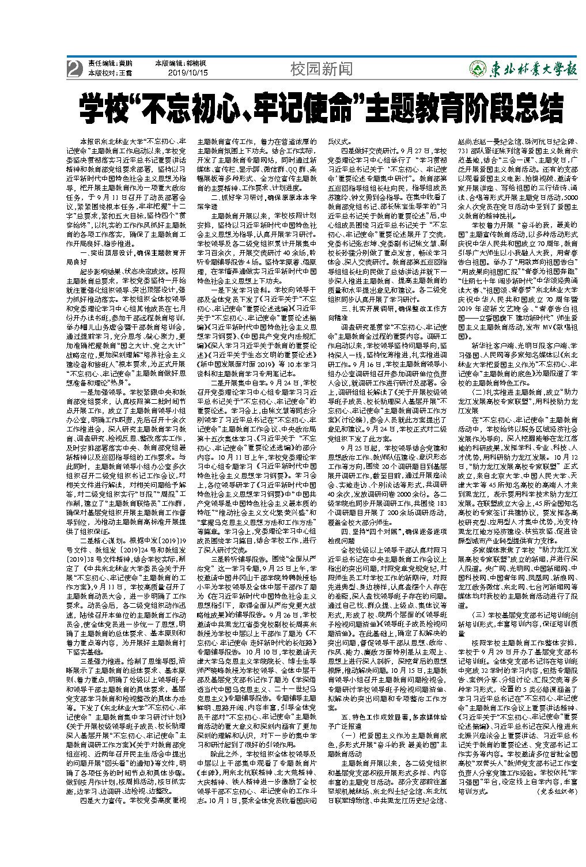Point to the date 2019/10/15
click(x=187, y=74)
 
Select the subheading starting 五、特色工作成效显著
click(x=387, y=718)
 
